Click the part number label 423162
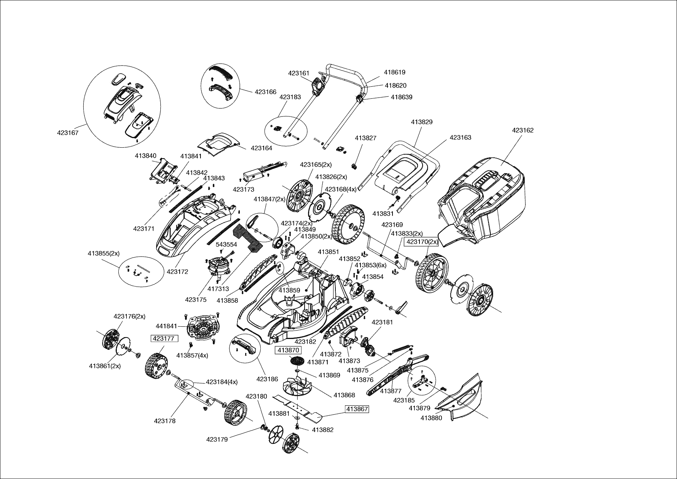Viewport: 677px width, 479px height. tap(522, 130)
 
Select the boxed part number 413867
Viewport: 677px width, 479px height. tap(357, 409)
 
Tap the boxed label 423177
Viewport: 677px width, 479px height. tap(164, 339)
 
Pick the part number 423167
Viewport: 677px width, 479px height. tap(68, 133)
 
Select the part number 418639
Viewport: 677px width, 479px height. tap(401, 97)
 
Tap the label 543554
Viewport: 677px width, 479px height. tap(226, 245)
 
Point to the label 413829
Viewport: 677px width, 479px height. tap(421, 122)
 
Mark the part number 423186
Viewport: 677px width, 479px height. tap(267, 379)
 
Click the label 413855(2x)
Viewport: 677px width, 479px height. tap(103, 253)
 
